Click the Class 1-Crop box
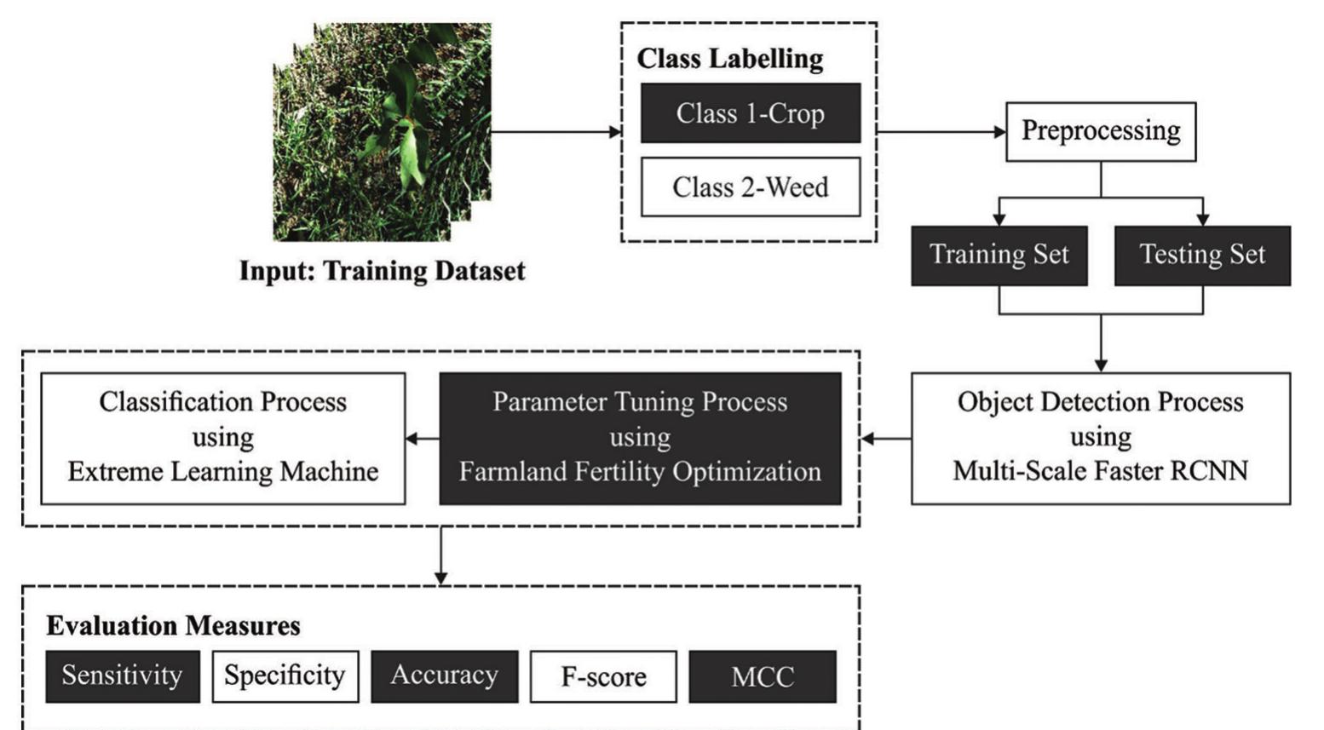751,113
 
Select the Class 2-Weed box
751,187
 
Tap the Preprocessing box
1101,131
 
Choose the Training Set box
999,256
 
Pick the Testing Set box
1202,256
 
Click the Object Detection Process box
1101,438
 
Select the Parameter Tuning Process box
640,438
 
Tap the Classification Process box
223,438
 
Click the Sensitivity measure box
123,676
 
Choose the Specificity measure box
285,676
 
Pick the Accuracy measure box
445,676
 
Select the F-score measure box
603,676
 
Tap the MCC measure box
763,676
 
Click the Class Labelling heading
730,59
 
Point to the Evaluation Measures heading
173,625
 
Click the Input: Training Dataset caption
382,272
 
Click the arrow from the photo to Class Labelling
556,132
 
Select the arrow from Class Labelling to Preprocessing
941,132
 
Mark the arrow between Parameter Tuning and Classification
423,439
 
